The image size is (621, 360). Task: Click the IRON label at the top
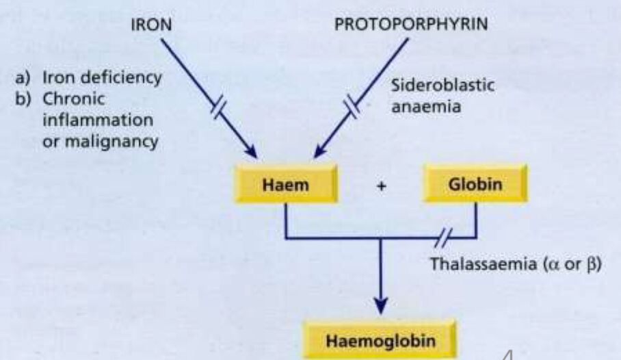point(151,25)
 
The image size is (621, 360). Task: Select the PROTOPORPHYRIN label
point(411,24)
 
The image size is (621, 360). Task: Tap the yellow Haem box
point(286,184)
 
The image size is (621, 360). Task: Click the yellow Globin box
point(475,184)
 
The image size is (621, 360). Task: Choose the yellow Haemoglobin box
point(380,340)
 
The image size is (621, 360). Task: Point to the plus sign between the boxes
point(382,185)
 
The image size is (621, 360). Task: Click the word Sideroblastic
point(442,86)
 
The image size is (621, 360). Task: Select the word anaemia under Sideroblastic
point(426,107)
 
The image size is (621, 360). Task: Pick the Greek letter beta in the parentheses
point(590,265)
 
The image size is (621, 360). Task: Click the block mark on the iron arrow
point(218,108)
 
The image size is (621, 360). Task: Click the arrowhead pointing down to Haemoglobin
point(380,305)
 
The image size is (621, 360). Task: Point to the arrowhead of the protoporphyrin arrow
point(319,151)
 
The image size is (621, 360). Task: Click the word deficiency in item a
point(126,78)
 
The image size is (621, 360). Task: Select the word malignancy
point(111,142)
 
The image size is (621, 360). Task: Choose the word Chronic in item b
point(74,99)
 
